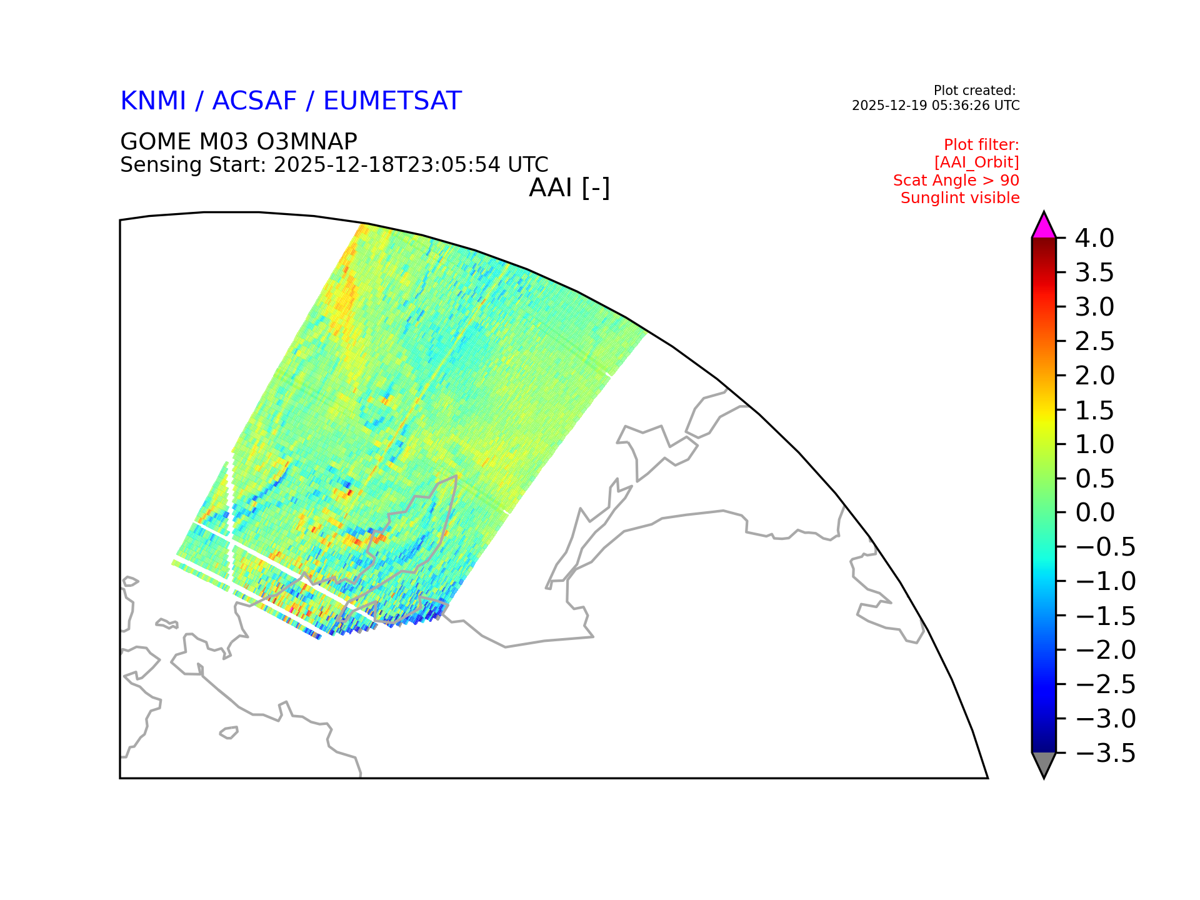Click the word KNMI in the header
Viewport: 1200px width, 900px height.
point(153,101)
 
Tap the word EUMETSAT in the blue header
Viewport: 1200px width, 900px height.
point(392,101)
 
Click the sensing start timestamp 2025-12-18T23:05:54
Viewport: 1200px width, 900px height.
point(387,165)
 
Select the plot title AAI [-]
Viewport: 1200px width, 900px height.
point(569,188)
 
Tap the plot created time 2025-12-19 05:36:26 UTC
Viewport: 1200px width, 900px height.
point(936,106)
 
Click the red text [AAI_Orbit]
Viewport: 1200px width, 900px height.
point(977,162)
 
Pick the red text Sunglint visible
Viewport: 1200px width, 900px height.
point(960,198)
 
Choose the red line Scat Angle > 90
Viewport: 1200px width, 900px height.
point(956,181)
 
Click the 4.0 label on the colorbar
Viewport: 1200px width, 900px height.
point(1094,238)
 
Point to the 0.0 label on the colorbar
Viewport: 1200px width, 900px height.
point(1094,512)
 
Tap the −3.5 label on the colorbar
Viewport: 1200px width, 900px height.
point(1106,753)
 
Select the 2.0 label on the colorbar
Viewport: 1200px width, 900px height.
point(1094,376)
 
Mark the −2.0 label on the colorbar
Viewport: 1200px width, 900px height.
point(1106,650)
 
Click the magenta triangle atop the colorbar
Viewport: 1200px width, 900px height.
point(1044,227)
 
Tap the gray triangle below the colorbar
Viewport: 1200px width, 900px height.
point(1044,762)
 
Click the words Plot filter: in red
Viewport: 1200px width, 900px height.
point(981,145)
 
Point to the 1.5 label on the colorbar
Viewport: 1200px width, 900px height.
point(1094,410)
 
